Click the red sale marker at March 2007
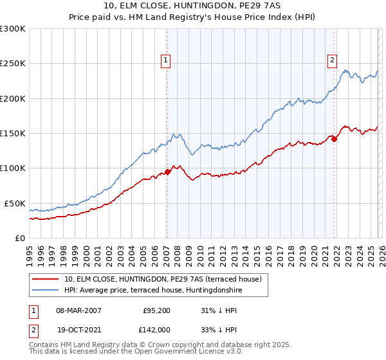click(167, 172)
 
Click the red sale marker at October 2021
click(334, 139)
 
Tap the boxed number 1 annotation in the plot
click(166, 60)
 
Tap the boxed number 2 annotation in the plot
click(333, 60)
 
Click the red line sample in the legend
click(46, 280)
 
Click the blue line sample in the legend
click(46, 291)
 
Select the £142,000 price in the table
click(156, 328)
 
